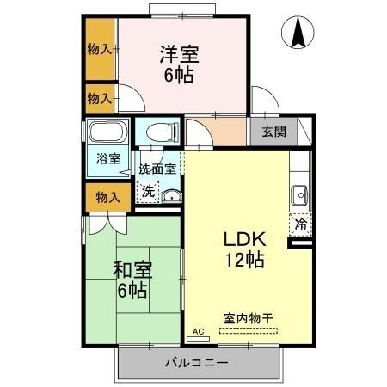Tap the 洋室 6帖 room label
[179, 64]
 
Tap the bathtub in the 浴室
[107, 135]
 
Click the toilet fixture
[160, 133]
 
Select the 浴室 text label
[108, 159]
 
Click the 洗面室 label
[158, 169]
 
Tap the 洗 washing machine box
[149, 190]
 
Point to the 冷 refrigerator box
[301, 224]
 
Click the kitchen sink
[300, 193]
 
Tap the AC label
[197, 331]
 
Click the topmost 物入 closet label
[100, 49]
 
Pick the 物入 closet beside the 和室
[107, 197]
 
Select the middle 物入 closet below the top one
[100, 99]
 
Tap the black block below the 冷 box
[301, 244]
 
